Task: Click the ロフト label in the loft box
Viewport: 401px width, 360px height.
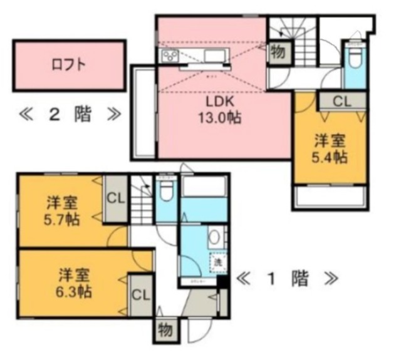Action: click(69, 64)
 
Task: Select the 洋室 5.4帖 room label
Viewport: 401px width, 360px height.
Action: click(330, 149)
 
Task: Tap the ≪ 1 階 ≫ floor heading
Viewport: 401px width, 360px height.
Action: click(286, 277)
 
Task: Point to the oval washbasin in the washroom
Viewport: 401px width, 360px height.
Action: click(214, 239)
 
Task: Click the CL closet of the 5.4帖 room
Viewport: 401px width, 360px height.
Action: click(341, 100)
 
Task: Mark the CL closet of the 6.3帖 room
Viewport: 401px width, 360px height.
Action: click(140, 294)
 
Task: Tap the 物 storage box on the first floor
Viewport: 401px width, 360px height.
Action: click(166, 327)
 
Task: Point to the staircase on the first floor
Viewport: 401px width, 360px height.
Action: click(142, 194)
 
